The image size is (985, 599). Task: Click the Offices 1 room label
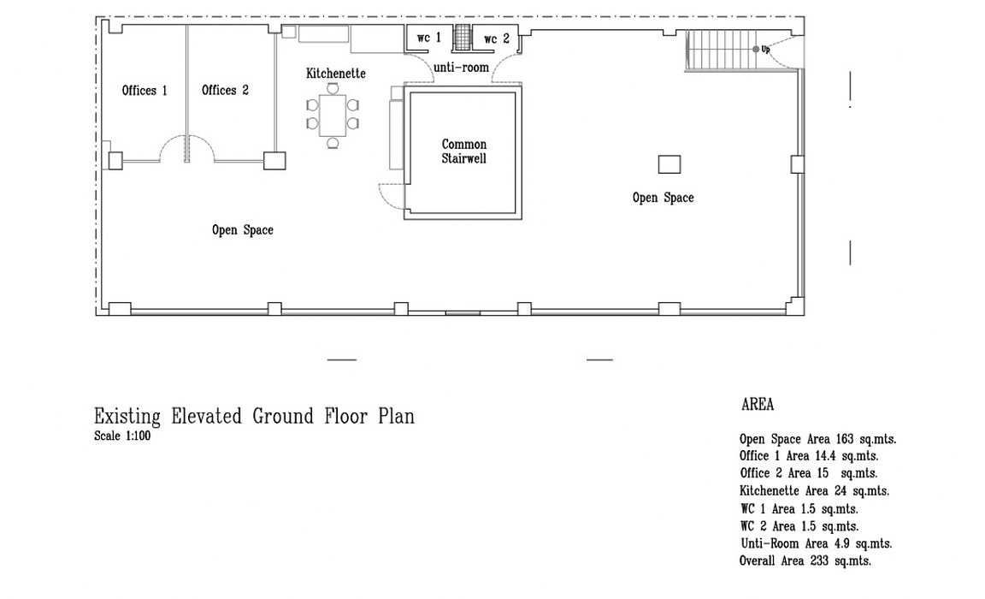[x=145, y=91]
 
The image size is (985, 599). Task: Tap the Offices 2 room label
[x=225, y=91]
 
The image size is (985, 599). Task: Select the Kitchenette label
[x=335, y=74]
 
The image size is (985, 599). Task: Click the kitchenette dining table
[x=333, y=115]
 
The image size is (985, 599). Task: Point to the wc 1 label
[x=429, y=38]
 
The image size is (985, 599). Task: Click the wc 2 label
[x=496, y=39]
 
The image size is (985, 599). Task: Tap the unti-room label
[x=461, y=68]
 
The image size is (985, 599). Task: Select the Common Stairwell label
[x=463, y=151]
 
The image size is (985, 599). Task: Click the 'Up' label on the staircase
[x=765, y=49]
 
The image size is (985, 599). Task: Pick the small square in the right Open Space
[x=669, y=164]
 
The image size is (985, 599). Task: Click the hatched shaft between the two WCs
[x=463, y=37]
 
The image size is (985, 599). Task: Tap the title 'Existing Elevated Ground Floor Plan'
[x=255, y=417]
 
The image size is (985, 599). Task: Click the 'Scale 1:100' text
[x=122, y=436]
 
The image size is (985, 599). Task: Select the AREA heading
[x=758, y=404]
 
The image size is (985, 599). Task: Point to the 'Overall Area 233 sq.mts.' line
[x=805, y=560]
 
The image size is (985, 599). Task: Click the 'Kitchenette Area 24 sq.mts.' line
[x=814, y=491]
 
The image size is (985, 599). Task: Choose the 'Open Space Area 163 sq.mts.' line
[x=818, y=439]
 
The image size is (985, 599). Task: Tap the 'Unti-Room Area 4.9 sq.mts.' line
[x=816, y=543]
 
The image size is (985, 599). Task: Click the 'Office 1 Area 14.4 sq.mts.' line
[x=809, y=456]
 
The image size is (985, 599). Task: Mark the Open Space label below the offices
[x=243, y=230]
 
